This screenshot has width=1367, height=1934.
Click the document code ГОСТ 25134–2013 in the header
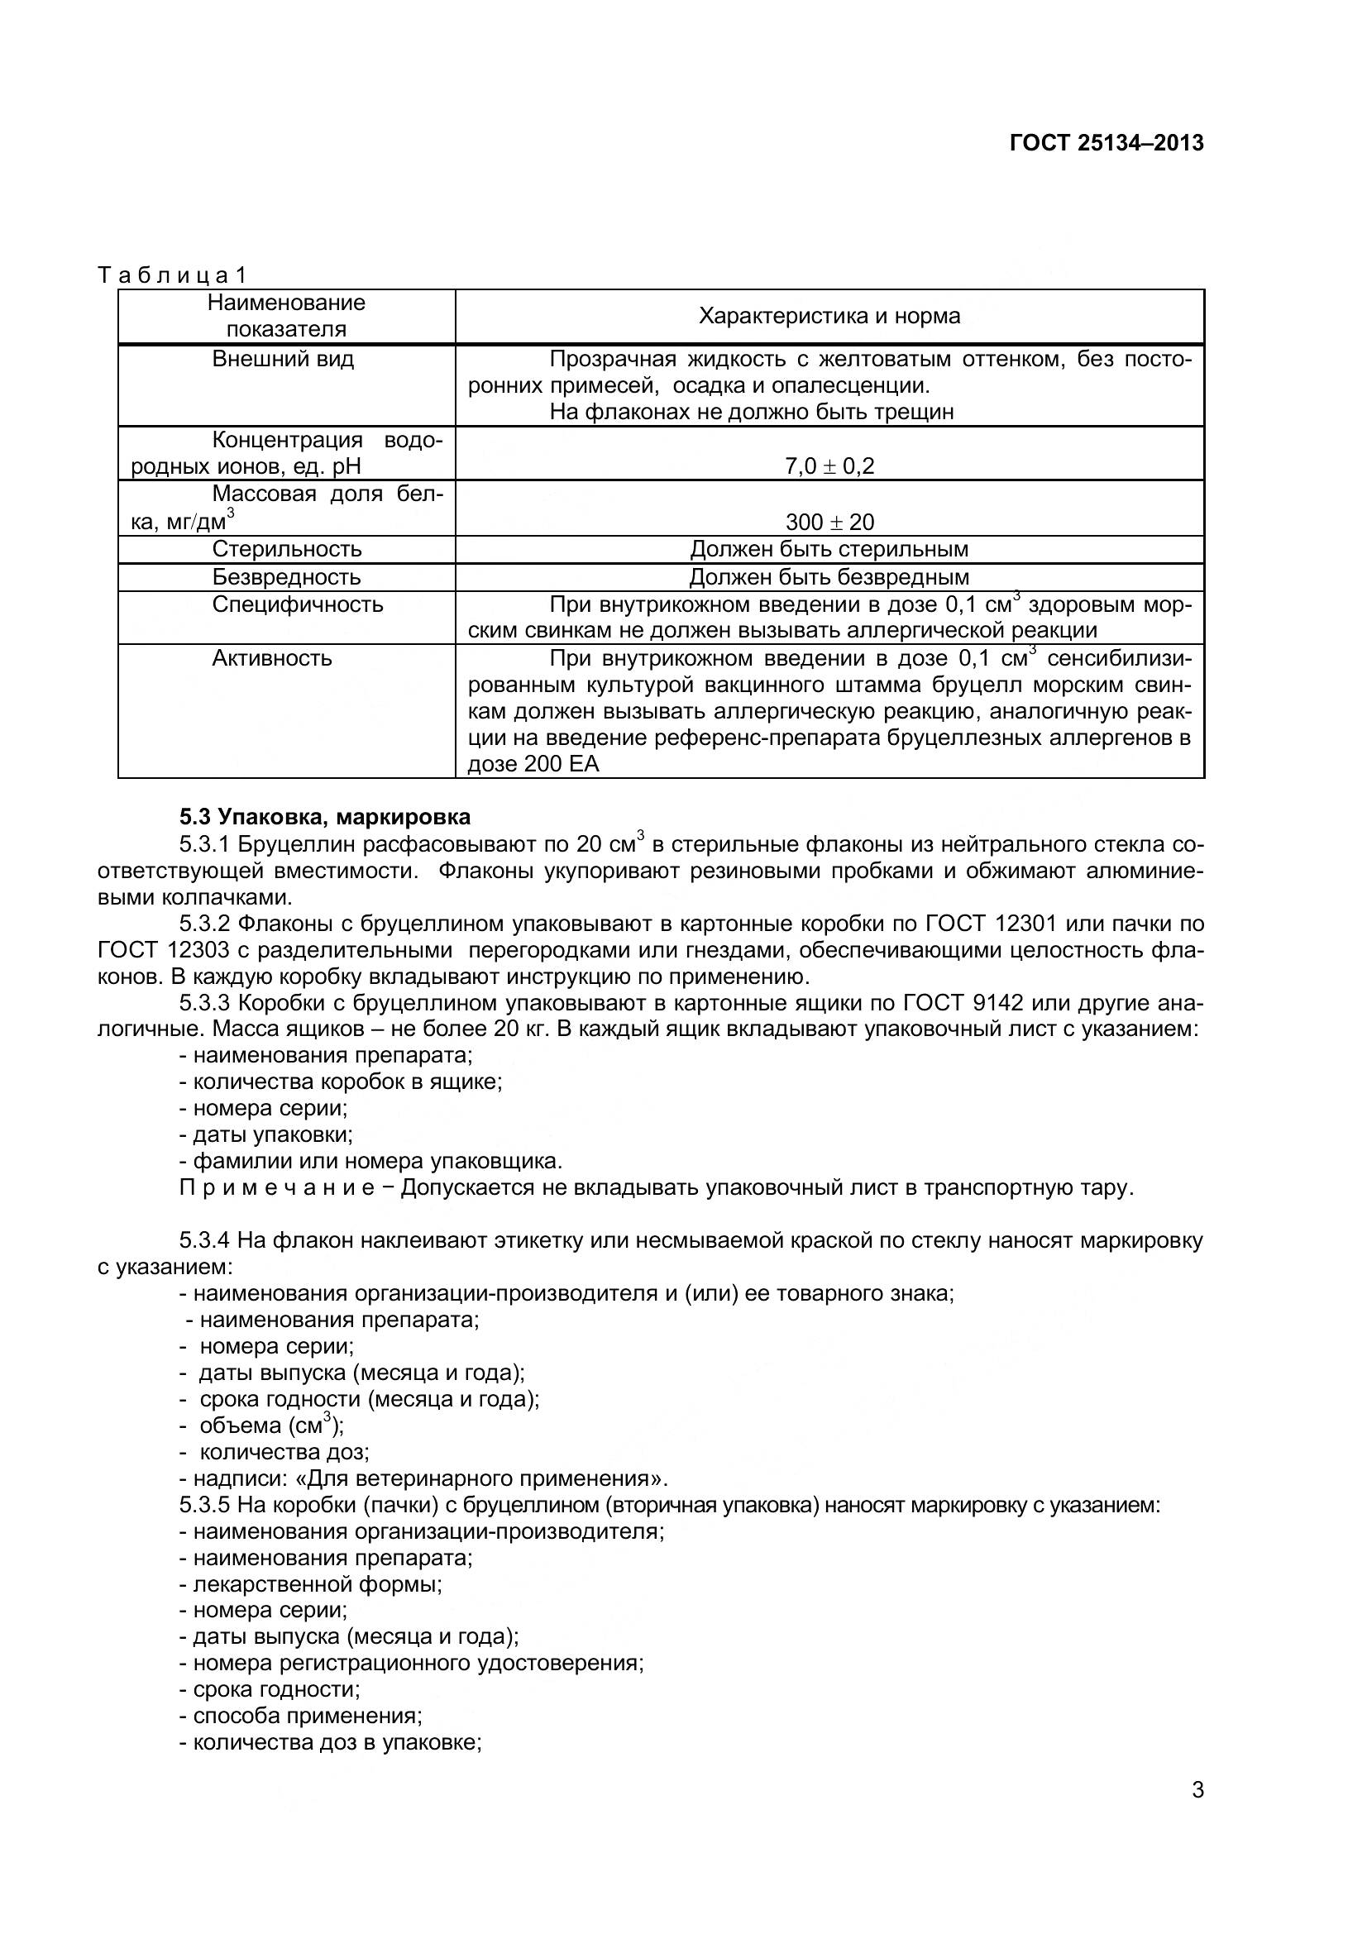point(1106,143)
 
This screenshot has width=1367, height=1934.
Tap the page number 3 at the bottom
point(1197,1789)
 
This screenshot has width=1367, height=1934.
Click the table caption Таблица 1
point(172,275)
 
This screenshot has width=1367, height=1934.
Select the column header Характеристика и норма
point(829,317)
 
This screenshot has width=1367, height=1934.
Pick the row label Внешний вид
point(283,360)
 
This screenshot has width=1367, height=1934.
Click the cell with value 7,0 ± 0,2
point(829,466)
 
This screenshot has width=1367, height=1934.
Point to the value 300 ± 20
point(829,523)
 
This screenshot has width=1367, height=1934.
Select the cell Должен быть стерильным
point(829,549)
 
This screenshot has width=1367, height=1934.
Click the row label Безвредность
point(286,577)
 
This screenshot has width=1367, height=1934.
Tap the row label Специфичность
point(298,604)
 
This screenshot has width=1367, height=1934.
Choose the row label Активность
point(272,659)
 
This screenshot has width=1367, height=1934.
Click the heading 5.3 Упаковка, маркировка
point(324,817)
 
